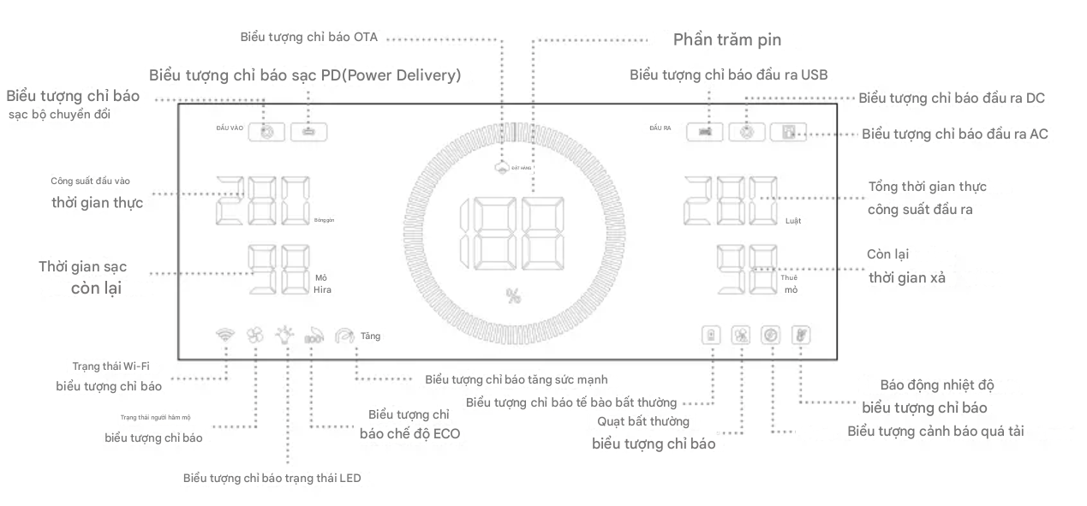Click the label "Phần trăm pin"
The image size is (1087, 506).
tap(726, 39)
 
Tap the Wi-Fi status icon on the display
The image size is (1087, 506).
tap(226, 336)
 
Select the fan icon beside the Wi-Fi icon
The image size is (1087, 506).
tap(255, 336)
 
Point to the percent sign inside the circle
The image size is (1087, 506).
tap(513, 296)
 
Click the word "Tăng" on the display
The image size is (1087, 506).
tap(370, 336)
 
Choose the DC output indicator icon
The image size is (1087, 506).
tap(750, 133)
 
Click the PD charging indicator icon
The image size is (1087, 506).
tap(308, 132)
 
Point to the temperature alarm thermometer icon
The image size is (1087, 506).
tap(800, 335)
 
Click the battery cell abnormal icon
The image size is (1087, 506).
tap(711, 335)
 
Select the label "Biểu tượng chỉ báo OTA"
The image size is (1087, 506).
tap(309, 37)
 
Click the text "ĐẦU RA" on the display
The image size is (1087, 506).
tap(660, 128)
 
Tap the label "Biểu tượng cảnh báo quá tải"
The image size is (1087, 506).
tap(935, 431)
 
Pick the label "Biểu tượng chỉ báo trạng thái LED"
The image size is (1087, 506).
tap(272, 478)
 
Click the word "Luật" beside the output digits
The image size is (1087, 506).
tap(793, 221)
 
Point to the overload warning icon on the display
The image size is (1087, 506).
tap(771, 335)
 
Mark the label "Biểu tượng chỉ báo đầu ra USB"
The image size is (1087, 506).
tap(728, 74)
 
